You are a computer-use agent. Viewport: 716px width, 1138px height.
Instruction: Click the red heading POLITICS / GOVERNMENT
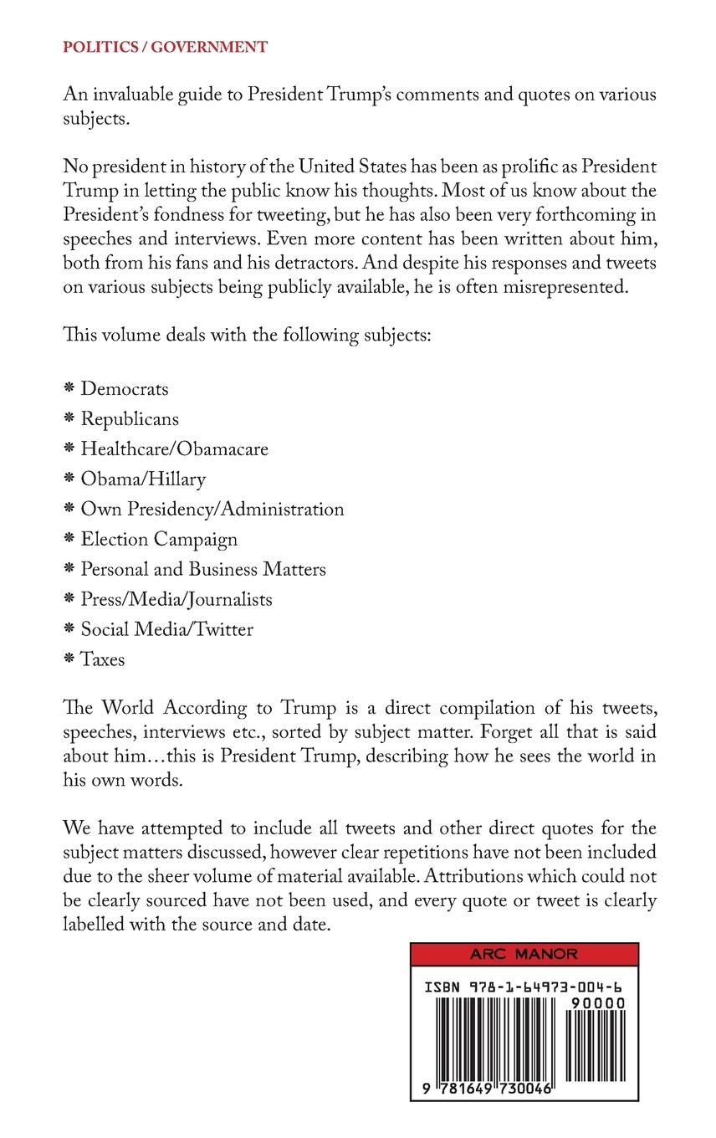click(165, 47)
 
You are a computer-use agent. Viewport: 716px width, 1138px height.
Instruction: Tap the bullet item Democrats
click(124, 389)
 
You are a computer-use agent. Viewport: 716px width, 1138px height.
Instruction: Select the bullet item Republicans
click(130, 419)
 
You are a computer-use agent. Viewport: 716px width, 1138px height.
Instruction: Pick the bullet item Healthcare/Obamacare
click(174, 449)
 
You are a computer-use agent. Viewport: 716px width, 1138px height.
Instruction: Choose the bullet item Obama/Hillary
click(143, 479)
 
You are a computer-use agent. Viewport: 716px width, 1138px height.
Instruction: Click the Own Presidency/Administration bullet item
click(212, 509)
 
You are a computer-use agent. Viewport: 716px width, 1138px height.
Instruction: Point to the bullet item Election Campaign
click(159, 540)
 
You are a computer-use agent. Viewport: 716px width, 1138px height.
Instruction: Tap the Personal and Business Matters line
click(203, 569)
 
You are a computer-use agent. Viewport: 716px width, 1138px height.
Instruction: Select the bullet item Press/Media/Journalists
click(176, 599)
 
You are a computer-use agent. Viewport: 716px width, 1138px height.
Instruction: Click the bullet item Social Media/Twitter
click(166, 629)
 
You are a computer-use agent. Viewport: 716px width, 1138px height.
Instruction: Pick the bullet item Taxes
click(102, 659)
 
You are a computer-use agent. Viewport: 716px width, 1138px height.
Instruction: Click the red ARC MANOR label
click(524, 955)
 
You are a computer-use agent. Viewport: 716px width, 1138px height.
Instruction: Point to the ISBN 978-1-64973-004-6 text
click(524, 987)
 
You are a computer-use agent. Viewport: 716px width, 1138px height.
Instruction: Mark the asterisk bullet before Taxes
click(69, 659)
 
